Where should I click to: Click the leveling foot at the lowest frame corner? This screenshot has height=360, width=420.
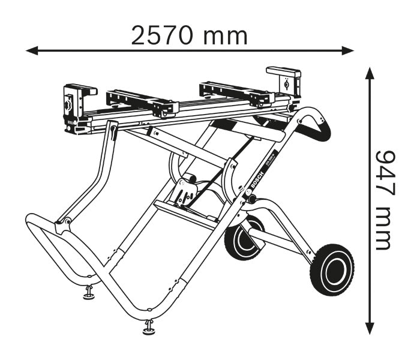(x=148, y=327)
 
